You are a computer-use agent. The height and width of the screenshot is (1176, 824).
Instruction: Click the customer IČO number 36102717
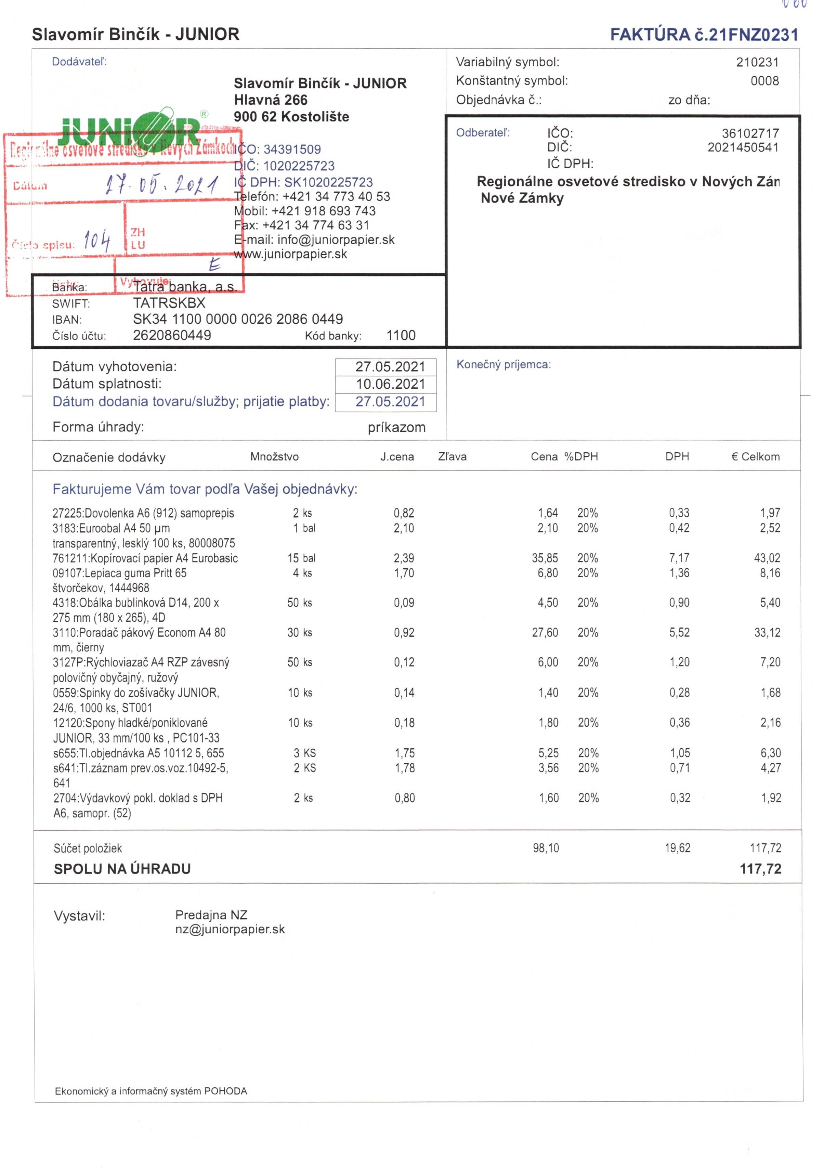(x=750, y=133)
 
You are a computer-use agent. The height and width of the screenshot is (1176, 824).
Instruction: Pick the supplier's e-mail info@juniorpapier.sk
(x=336, y=240)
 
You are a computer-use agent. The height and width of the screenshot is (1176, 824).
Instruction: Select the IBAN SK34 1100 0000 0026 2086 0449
(x=238, y=319)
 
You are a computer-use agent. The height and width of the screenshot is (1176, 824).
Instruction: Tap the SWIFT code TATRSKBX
(x=169, y=303)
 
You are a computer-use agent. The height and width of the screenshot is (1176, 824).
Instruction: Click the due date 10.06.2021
(x=390, y=384)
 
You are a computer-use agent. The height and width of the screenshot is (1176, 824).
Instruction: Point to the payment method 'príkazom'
(x=396, y=427)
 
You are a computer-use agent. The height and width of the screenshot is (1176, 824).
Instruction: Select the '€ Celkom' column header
(x=755, y=456)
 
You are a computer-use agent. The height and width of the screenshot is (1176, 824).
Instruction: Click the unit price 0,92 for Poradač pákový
(x=404, y=633)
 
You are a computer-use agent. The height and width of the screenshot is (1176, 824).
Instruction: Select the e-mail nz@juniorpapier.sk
(x=230, y=929)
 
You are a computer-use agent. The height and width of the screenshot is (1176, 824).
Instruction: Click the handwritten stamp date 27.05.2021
(x=162, y=184)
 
